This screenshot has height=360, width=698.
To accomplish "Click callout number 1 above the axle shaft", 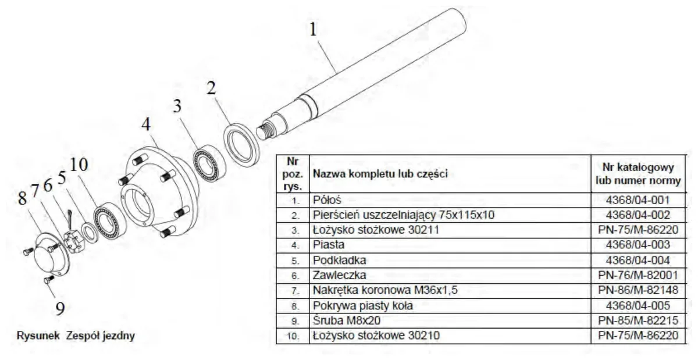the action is point(313,29).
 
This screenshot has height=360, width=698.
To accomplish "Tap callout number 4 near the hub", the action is point(146,124).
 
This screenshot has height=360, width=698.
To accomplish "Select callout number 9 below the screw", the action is point(60,308).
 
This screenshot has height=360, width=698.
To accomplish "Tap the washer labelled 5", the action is point(90,231).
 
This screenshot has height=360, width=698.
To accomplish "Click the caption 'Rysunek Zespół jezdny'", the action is point(76,336).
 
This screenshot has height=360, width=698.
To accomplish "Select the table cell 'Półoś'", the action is point(327,200).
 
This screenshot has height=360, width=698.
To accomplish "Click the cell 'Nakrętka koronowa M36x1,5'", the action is point(385,290).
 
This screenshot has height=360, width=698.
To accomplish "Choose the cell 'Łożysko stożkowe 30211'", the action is point(376,230).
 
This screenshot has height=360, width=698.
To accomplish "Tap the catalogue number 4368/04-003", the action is point(638,245).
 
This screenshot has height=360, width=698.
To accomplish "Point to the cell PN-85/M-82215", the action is point(638,320).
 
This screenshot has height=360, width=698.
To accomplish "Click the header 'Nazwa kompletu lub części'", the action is point(380,174).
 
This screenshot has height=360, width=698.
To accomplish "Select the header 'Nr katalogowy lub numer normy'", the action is point(638,174).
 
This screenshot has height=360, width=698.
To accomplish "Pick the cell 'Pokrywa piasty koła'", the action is point(363,306).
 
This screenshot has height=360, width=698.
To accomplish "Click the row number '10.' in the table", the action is point(293,336).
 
